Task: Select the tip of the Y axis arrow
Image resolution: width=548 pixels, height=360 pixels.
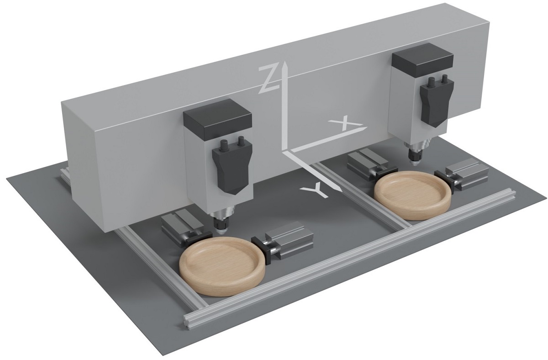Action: pos(341,191)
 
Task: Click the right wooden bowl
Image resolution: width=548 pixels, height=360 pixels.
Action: pos(413,196)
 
